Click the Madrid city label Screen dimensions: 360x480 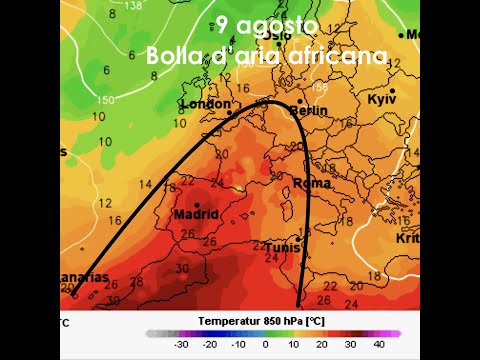(x=196, y=214)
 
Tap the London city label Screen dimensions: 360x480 (x=204, y=104)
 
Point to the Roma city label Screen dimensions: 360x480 (x=312, y=183)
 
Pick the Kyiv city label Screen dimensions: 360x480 (x=382, y=100)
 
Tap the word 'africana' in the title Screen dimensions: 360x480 (x=336, y=56)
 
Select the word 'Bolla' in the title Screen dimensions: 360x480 (x=175, y=56)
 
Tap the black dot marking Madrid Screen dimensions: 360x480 (x=196, y=205)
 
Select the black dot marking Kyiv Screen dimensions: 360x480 (x=393, y=91)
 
